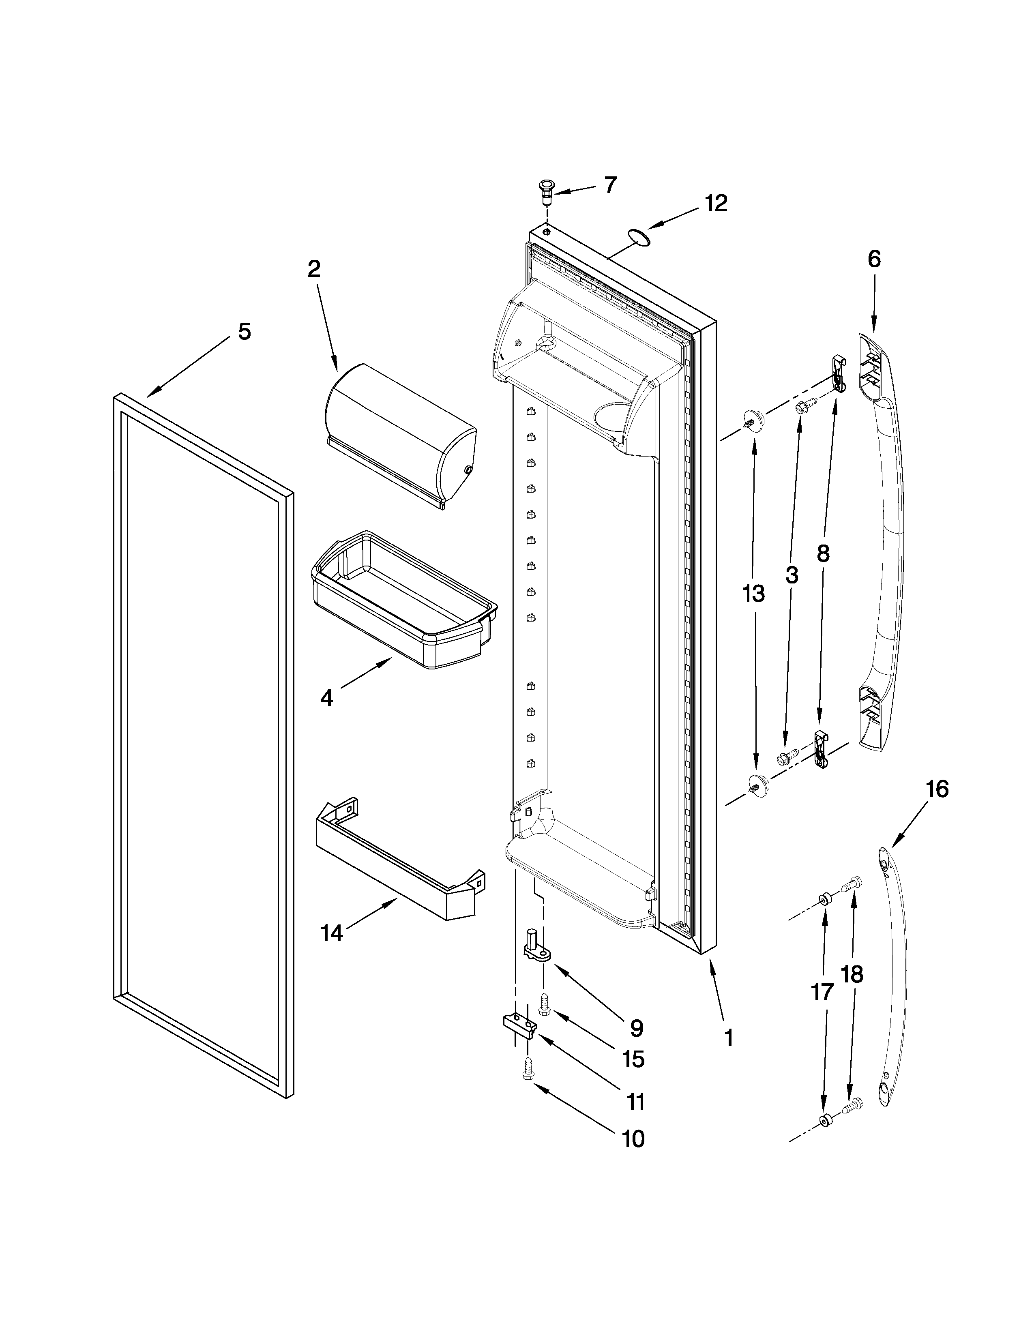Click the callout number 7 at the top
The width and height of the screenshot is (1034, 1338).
click(610, 184)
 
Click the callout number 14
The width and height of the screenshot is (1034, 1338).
click(331, 933)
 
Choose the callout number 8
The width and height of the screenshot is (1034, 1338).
click(823, 554)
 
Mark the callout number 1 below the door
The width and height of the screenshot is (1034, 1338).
click(728, 1038)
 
